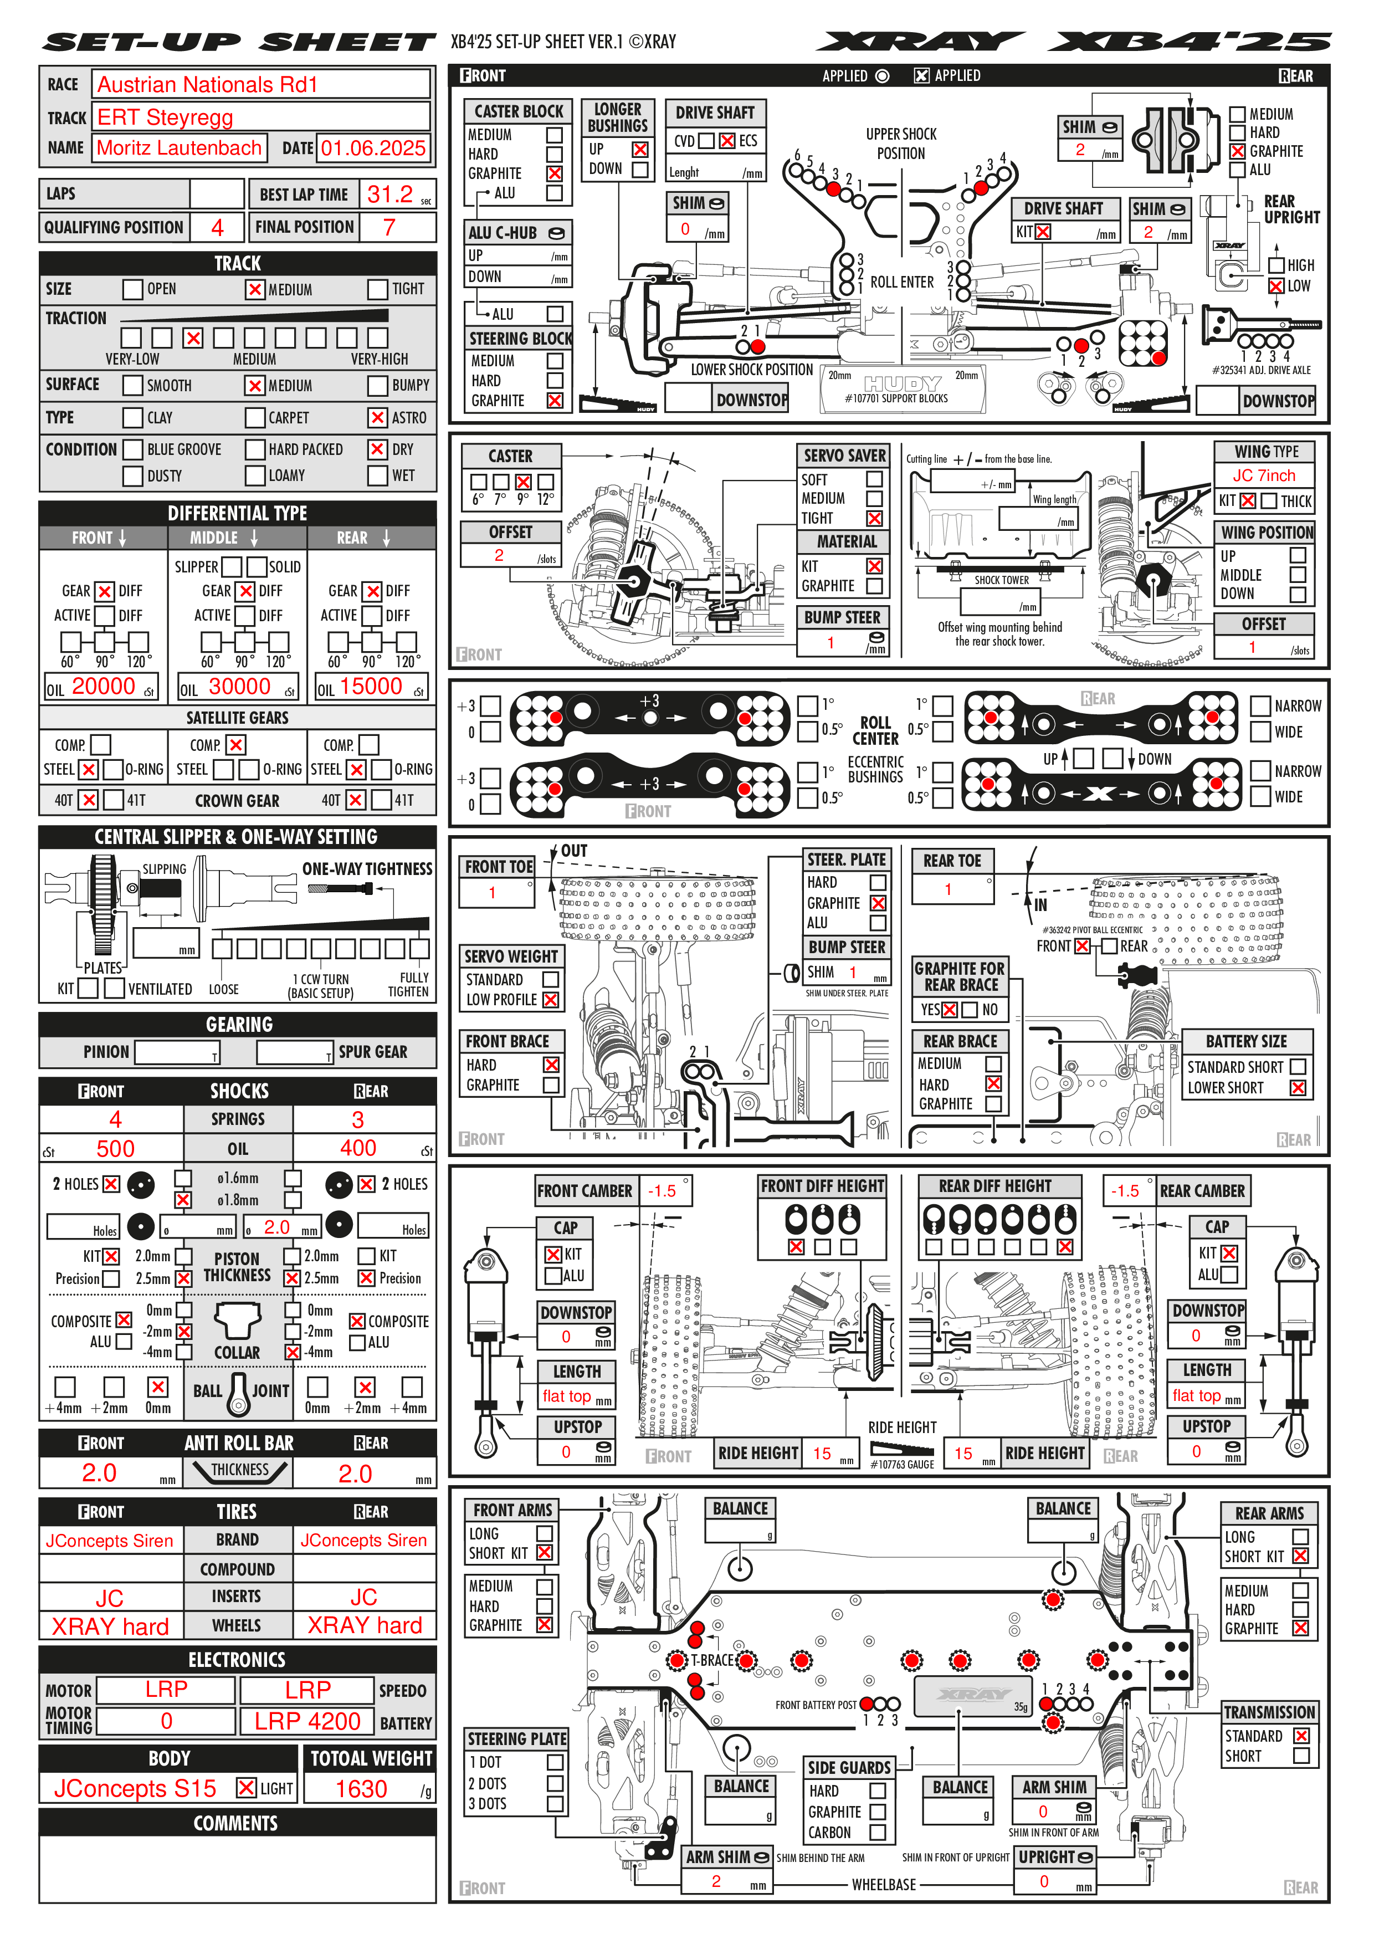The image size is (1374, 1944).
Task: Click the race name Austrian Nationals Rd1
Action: (207, 85)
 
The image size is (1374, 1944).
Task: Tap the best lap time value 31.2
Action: (389, 195)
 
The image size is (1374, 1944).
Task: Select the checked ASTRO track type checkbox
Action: (378, 417)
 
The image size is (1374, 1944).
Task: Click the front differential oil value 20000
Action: (103, 687)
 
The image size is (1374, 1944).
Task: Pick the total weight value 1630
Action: (361, 1788)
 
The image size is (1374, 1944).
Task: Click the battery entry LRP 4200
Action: (307, 1721)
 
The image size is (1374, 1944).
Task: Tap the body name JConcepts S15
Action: (135, 1788)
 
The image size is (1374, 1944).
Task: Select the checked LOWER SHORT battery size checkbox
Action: (1297, 1088)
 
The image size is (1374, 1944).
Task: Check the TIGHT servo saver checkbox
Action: (874, 518)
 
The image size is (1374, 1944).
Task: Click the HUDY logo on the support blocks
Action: (903, 385)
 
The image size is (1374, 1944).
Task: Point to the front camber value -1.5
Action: (662, 1190)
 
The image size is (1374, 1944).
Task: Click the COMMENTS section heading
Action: (236, 1823)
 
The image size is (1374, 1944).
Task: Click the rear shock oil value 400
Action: (358, 1148)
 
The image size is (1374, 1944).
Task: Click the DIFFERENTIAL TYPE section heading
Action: (237, 513)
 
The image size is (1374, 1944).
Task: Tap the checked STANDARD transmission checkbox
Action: (1301, 1735)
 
